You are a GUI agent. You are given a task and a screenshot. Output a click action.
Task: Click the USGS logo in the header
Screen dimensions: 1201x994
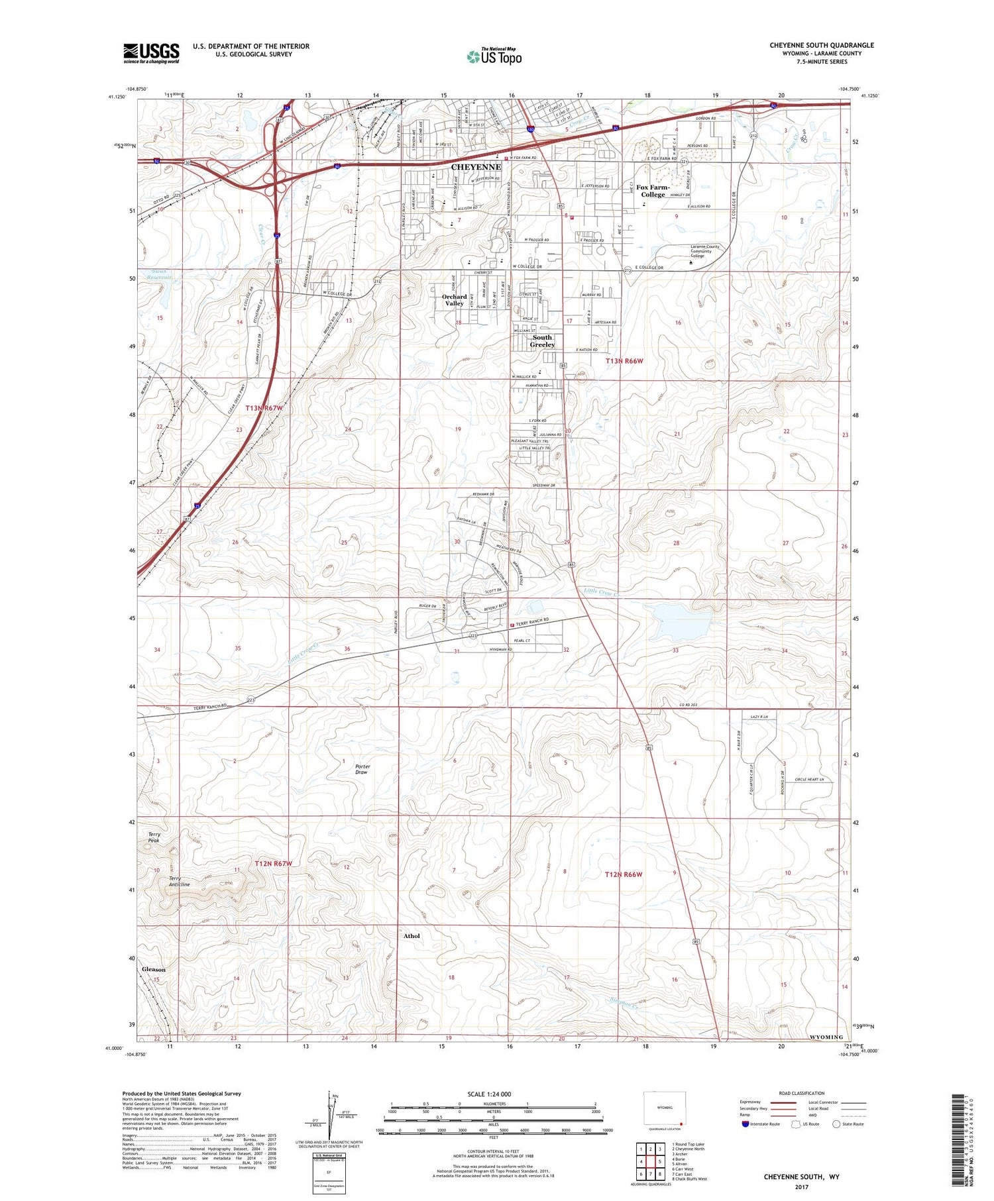point(151,53)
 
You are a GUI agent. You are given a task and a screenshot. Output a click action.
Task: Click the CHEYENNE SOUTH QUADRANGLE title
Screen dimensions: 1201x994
point(821,45)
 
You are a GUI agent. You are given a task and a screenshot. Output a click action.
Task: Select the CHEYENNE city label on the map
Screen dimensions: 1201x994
point(476,167)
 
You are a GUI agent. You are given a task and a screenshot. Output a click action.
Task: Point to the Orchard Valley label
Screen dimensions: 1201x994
point(455,300)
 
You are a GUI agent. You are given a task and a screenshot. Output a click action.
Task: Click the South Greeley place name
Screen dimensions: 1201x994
point(542,341)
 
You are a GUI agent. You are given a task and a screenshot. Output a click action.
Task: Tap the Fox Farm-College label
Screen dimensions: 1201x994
point(653,191)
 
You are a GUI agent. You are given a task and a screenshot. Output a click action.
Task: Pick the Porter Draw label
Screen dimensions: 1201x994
point(362,769)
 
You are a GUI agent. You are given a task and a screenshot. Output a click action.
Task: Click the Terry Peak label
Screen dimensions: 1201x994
point(154,837)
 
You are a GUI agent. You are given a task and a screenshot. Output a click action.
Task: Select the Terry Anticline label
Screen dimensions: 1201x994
point(179,881)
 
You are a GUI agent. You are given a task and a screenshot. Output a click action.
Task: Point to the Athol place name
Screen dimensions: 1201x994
point(412,936)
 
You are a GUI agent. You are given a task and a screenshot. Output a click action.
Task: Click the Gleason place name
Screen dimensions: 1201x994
point(154,969)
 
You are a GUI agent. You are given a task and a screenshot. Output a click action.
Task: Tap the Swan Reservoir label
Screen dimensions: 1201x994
point(161,274)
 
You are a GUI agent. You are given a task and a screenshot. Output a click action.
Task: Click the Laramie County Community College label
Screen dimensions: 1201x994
point(704,251)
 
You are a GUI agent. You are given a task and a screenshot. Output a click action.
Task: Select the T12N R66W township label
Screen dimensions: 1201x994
point(624,874)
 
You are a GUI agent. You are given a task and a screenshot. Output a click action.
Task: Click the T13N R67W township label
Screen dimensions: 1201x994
point(264,408)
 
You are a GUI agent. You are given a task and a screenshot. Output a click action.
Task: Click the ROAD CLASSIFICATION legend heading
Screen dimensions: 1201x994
point(802,1093)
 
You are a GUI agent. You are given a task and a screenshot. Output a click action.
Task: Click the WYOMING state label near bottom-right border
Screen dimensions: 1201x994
point(826,1037)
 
